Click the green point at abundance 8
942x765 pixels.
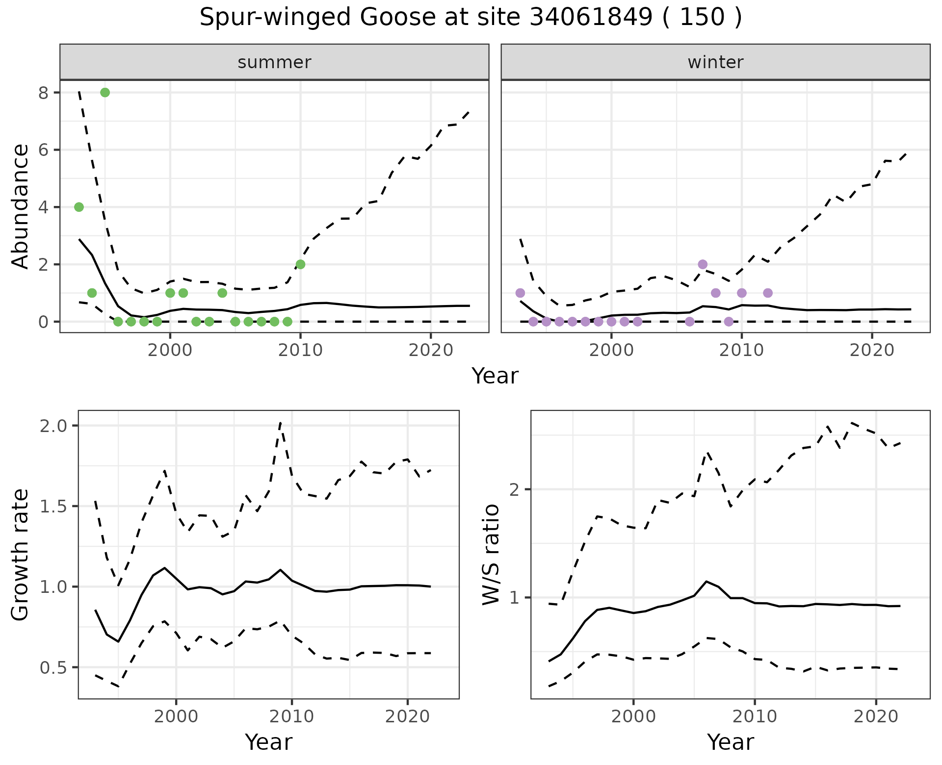[x=105, y=93]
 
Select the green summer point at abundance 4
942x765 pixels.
[x=79, y=207]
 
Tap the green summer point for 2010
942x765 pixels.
[x=300, y=264]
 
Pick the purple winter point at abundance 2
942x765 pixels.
[x=703, y=264]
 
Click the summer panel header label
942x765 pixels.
[x=274, y=62]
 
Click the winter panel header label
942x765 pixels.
[x=715, y=62]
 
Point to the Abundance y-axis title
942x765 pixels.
[x=21, y=206]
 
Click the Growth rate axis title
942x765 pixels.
[x=21, y=555]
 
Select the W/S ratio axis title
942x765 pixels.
[x=491, y=555]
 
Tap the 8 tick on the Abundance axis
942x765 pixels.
[x=43, y=93]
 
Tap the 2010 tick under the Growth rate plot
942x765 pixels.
[x=292, y=716]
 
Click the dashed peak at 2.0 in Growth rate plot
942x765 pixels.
[x=280, y=422]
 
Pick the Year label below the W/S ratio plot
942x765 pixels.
[x=730, y=742]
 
